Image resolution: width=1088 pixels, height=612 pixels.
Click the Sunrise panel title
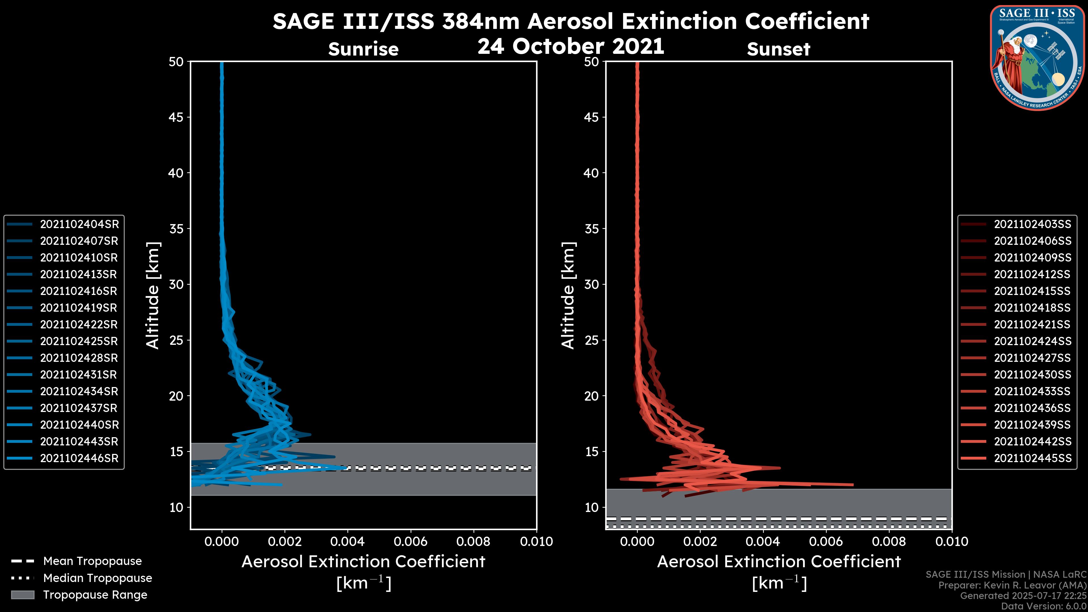tap(363, 49)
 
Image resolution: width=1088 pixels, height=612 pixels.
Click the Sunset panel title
tap(778, 49)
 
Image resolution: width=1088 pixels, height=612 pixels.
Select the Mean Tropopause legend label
tap(92, 561)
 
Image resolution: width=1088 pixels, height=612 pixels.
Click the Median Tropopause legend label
tap(97, 578)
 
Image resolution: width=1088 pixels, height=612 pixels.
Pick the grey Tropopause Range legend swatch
tap(22, 595)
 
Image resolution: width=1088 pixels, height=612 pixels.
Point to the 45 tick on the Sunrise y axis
tap(176, 117)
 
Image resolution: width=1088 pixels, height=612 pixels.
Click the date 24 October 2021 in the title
tap(571, 46)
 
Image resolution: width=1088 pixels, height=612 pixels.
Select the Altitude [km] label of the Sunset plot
tap(568, 296)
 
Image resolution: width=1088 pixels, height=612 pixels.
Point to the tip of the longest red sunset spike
tap(853, 485)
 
